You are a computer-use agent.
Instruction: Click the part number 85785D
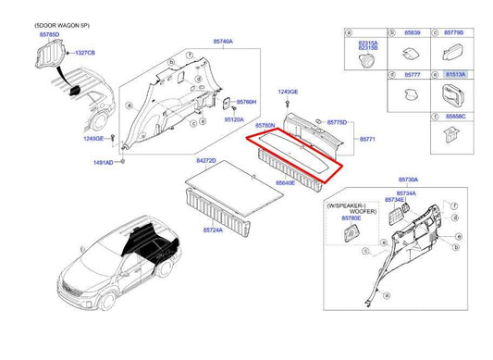[49, 33]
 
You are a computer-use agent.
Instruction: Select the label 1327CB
[86, 53]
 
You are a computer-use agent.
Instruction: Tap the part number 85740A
[223, 42]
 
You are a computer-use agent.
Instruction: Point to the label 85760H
[245, 102]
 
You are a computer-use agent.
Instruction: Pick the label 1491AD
[102, 162]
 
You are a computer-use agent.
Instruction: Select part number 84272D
[205, 161]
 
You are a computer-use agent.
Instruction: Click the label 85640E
[285, 183]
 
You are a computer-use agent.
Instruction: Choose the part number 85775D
[338, 122]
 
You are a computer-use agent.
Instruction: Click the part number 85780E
[351, 219]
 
